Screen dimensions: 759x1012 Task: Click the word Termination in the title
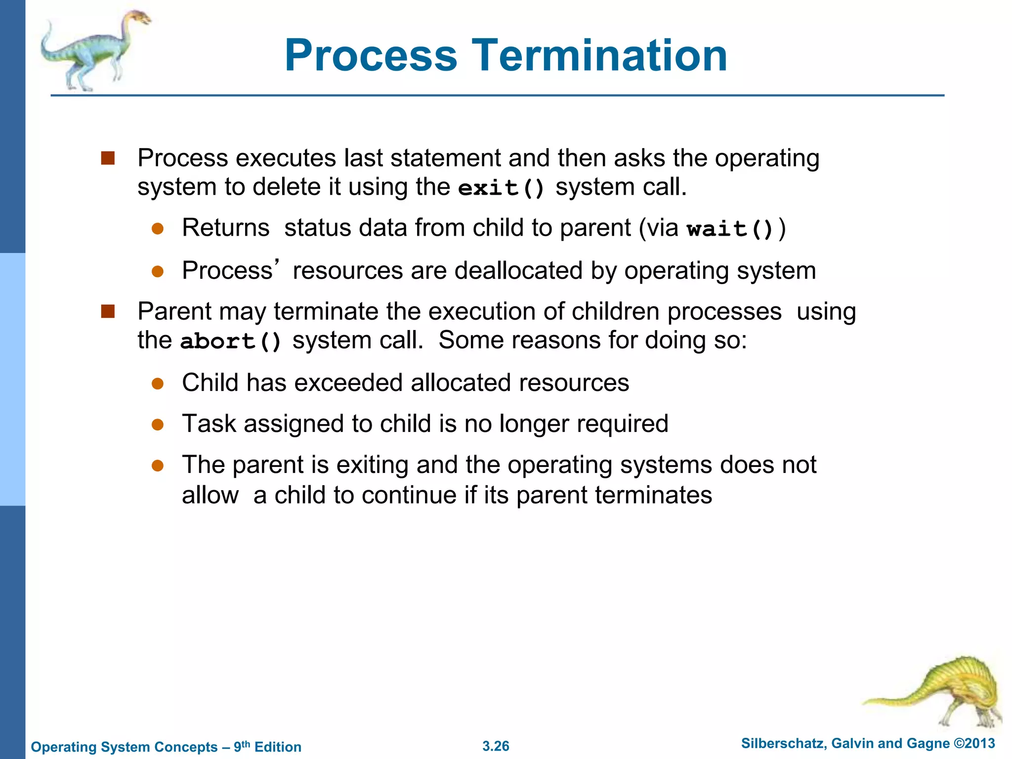pos(599,55)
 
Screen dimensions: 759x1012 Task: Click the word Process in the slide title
pos(371,55)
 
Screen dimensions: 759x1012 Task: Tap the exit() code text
pos(501,188)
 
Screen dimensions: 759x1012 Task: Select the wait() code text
pos(730,229)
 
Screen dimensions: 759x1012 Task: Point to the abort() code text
pos(231,341)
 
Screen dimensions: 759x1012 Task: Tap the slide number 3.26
pos(495,746)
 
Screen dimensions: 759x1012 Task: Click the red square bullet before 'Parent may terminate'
pos(108,311)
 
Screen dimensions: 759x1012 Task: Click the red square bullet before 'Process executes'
pos(108,158)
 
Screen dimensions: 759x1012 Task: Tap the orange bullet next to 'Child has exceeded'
pos(158,383)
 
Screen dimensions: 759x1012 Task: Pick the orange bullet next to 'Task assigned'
pos(158,424)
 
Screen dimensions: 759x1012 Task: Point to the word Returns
pos(225,228)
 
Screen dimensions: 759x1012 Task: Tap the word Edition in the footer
pos(278,747)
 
